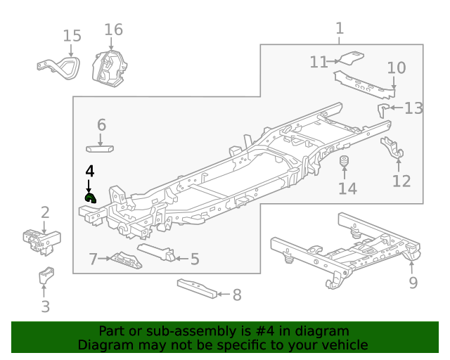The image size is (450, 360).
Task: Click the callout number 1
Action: click(340, 28)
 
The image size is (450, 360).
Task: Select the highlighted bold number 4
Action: click(89, 171)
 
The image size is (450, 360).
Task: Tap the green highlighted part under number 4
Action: click(90, 198)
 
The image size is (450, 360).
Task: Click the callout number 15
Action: click(72, 36)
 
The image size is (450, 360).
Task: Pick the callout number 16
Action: click(113, 30)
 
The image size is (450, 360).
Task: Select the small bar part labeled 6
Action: click(101, 148)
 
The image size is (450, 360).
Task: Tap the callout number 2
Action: click(45, 212)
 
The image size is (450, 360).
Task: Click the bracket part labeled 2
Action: click(41, 240)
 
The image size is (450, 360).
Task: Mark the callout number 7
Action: click(93, 259)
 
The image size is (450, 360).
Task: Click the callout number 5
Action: click(195, 259)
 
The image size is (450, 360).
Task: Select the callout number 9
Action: click(413, 283)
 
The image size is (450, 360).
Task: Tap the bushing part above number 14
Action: click(345, 164)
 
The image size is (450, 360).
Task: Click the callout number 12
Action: click(401, 181)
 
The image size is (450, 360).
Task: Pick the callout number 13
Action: click(413, 108)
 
